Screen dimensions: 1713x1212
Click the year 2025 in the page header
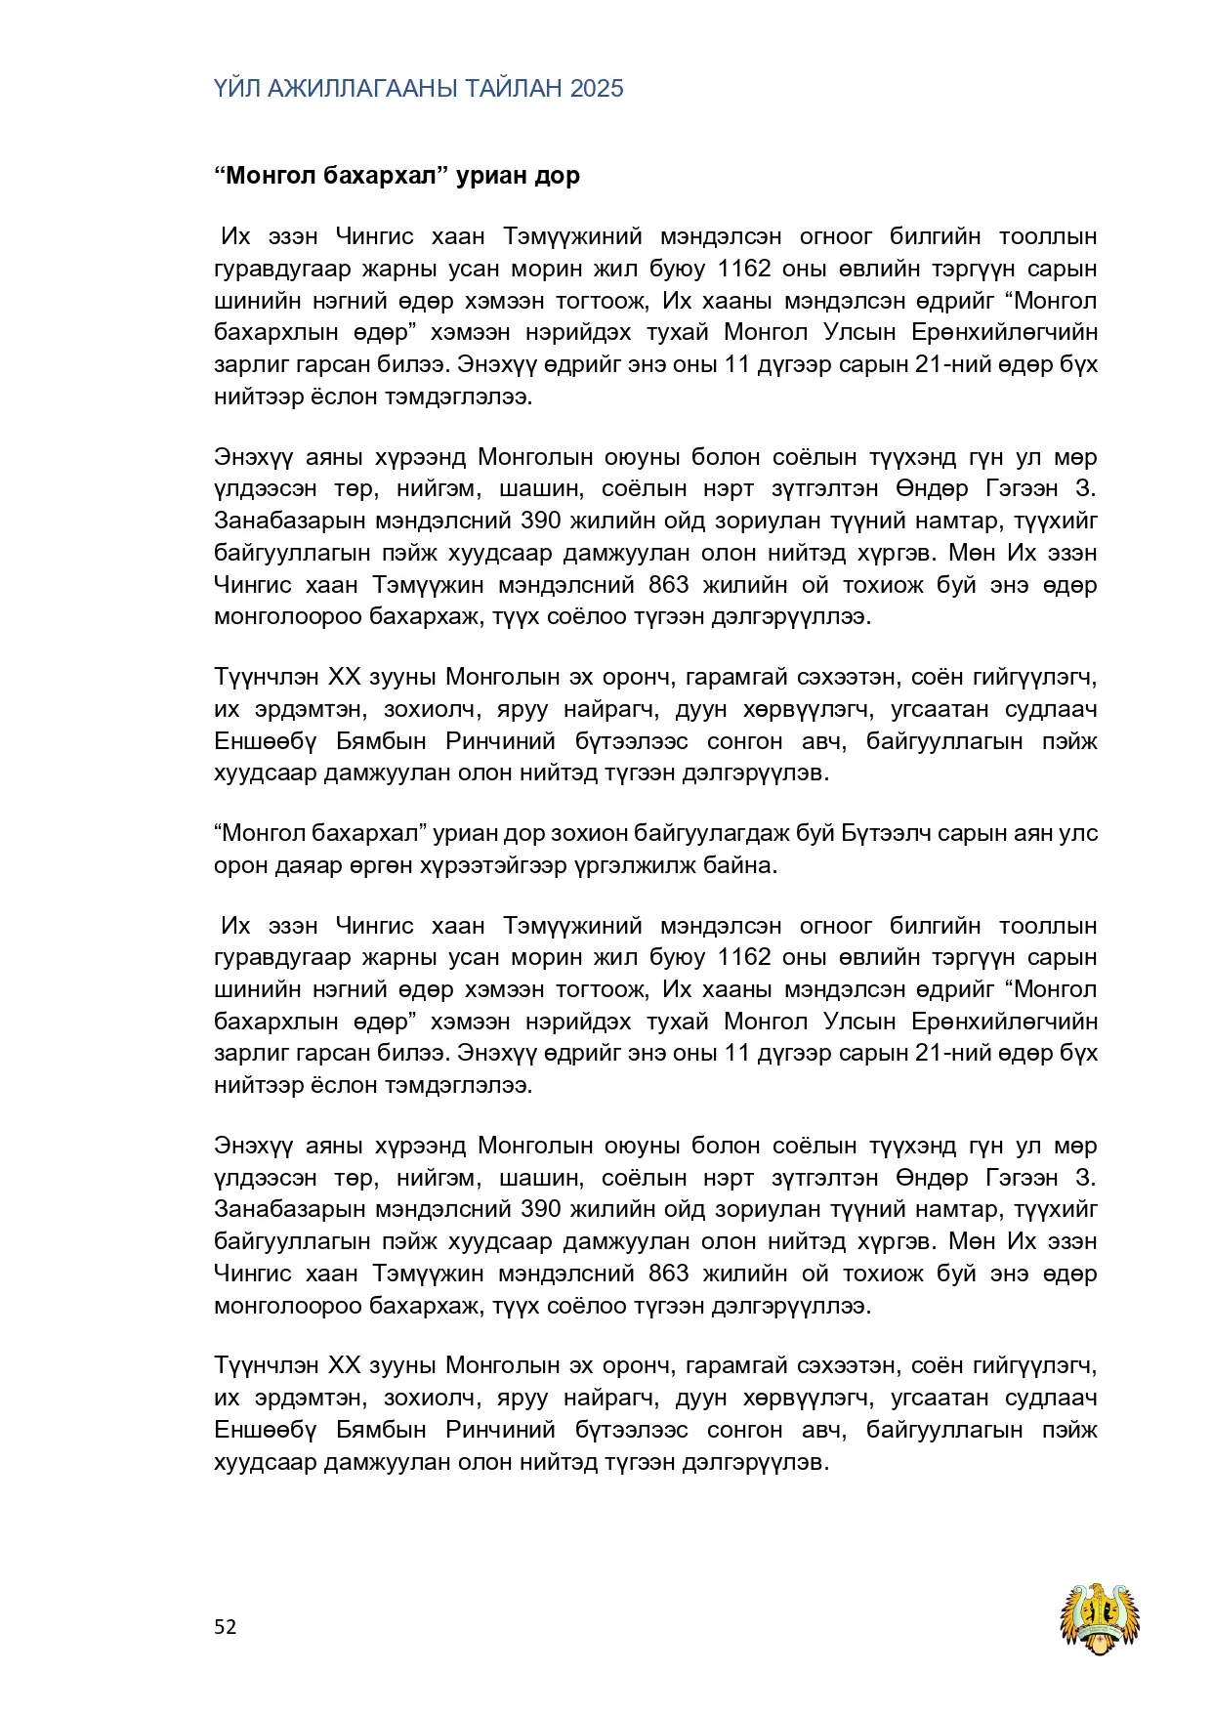tap(597, 89)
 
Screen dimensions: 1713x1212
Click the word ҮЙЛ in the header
tap(237, 89)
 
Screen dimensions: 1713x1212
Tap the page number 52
tap(226, 1626)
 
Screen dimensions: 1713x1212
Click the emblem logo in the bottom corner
tap(1102, 1619)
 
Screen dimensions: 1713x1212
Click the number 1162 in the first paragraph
tap(744, 269)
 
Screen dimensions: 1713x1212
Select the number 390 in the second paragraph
tap(541, 521)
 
